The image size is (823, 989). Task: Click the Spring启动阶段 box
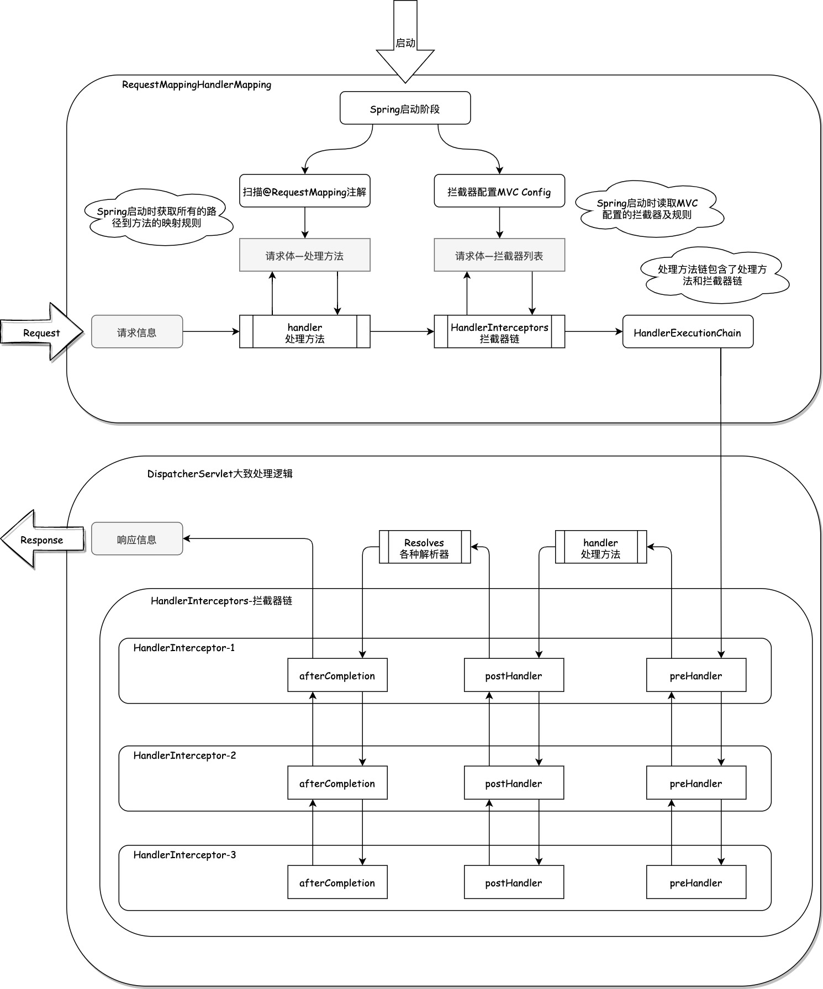tap(405, 108)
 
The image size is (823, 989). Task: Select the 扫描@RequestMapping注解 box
tap(304, 192)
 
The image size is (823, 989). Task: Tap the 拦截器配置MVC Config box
tap(499, 192)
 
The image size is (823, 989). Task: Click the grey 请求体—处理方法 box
tap(304, 255)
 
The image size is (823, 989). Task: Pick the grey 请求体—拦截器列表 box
tap(499, 255)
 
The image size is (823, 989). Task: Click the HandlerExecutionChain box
tap(687, 332)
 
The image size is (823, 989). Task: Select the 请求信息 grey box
tap(136, 332)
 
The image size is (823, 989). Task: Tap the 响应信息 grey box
tap(136, 539)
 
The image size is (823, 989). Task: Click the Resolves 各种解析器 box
tap(424, 547)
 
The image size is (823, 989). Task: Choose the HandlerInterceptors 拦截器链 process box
tap(499, 332)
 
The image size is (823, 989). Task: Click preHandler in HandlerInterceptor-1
tap(695, 675)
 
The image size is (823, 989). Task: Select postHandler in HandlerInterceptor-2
tap(513, 782)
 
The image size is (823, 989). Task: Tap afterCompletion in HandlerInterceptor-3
tap(337, 882)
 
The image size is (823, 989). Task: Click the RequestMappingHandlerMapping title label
tap(196, 85)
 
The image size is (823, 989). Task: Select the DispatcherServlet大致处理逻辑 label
tap(219, 474)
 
